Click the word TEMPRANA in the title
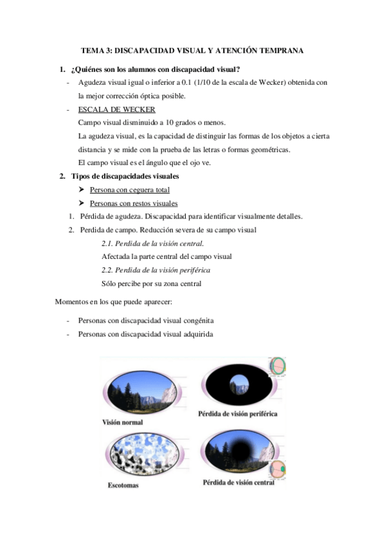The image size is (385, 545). coord(280,49)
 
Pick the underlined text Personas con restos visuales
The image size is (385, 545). coord(134,204)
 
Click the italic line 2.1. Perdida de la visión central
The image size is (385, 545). coord(153,244)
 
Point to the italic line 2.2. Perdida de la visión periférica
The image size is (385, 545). coord(156,270)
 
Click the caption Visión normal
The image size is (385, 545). coord(122,422)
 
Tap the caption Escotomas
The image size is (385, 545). coord(123,485)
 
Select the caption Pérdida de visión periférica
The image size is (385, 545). coord(240,414)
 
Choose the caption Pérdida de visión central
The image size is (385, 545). coord(238,482)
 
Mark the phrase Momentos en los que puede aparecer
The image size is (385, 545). coord(111,301)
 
